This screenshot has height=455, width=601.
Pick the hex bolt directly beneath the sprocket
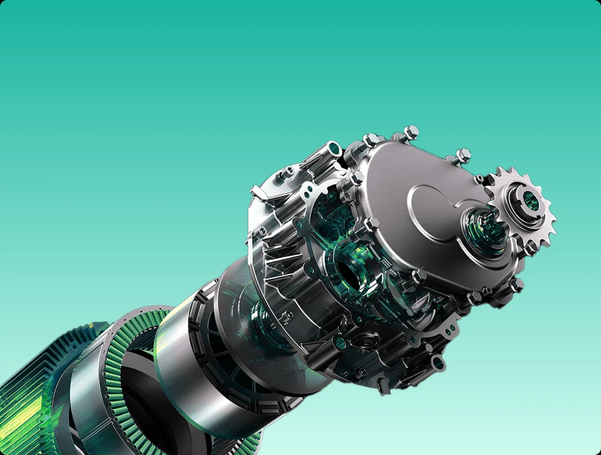530,250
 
